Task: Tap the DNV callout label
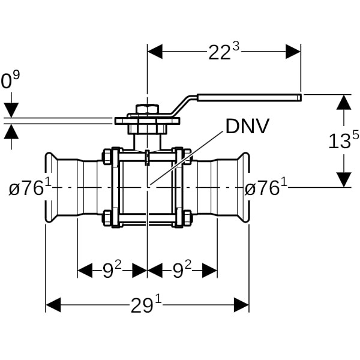point(247,126)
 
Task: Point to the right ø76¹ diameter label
point(266,188)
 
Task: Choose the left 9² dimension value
point(112,271)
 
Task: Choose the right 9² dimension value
point(181,271)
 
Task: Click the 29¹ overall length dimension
point(146,305)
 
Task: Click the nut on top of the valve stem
point(147,110)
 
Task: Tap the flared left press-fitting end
point(52,188)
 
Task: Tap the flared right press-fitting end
point(243,188)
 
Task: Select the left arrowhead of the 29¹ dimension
point(53,305)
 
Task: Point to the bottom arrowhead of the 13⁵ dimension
point(343,179)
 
